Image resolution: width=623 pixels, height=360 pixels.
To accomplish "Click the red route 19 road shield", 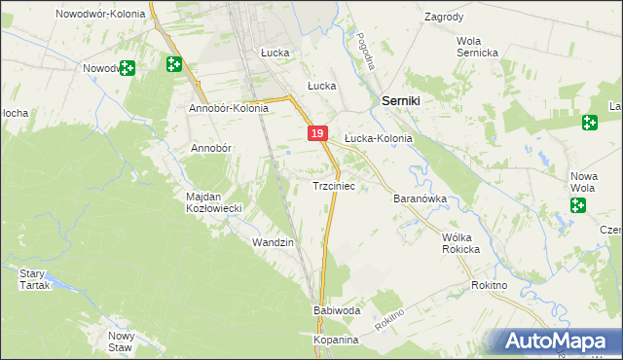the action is point(317,133).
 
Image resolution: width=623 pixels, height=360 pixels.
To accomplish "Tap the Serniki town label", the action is point(400,101).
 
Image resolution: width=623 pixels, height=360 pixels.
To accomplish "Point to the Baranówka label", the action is point(420,198).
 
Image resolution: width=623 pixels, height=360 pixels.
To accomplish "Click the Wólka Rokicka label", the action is point(461,243).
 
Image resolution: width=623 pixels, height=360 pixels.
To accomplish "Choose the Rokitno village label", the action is point(489,285).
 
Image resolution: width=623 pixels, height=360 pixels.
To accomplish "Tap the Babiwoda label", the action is point(337,310).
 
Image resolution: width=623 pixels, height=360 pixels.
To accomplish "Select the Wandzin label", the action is point(273,241).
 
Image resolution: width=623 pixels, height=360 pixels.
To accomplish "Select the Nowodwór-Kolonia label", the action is point(100,15).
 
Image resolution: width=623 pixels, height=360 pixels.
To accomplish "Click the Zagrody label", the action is point(444,18).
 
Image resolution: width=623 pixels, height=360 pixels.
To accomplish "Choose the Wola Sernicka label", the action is point(478,47).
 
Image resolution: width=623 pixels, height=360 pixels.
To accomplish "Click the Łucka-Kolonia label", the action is point(379,139).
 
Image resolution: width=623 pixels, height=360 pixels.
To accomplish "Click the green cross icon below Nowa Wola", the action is point(578,205).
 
